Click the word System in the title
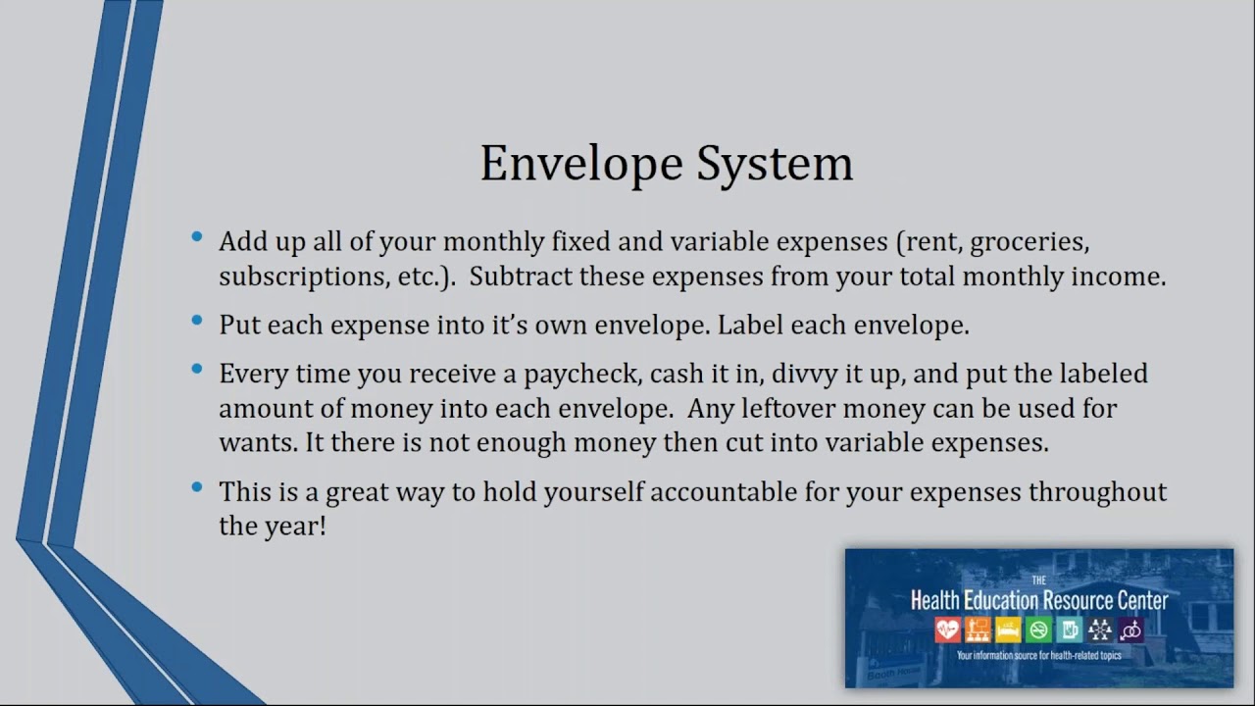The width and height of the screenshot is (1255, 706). (x=775, y=164)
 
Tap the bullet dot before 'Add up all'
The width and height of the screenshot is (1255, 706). (x=198, y=236)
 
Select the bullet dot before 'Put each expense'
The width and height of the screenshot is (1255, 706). (x=198, y=321)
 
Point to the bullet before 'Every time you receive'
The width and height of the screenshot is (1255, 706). (x=198, y=370)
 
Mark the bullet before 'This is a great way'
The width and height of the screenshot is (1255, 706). (x=198, y=486)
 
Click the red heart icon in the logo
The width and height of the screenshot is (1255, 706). (x=947, y=630)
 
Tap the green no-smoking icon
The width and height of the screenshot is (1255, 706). (x=1038, y=630)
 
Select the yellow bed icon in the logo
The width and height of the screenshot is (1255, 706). (x=1008, y=630)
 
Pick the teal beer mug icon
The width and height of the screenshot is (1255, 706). (x=1069, y=630)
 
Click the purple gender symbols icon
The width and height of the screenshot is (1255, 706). (x=1129, y=630)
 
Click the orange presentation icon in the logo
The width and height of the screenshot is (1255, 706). (x=978, y=630)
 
